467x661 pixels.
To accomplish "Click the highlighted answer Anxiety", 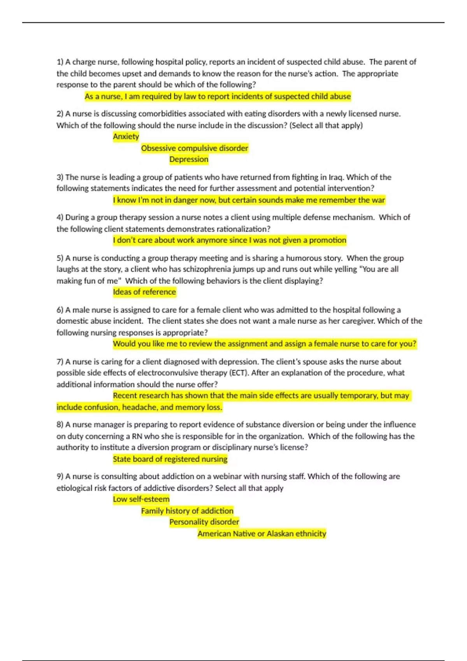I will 126,136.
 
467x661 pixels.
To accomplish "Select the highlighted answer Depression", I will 189,159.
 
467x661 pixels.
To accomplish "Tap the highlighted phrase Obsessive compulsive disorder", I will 194,148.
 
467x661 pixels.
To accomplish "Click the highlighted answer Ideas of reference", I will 144,292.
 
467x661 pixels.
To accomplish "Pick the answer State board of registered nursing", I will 170,459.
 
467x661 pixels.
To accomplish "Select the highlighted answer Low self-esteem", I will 141,499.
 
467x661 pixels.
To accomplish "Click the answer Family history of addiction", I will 187,511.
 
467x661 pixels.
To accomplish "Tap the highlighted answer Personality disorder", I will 204,522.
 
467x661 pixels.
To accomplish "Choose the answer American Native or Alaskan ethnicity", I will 262,534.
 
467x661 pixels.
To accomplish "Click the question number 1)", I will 60,62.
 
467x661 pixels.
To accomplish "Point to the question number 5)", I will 60,258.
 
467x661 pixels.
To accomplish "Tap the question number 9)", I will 60,477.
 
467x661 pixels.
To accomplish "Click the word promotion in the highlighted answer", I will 327,240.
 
